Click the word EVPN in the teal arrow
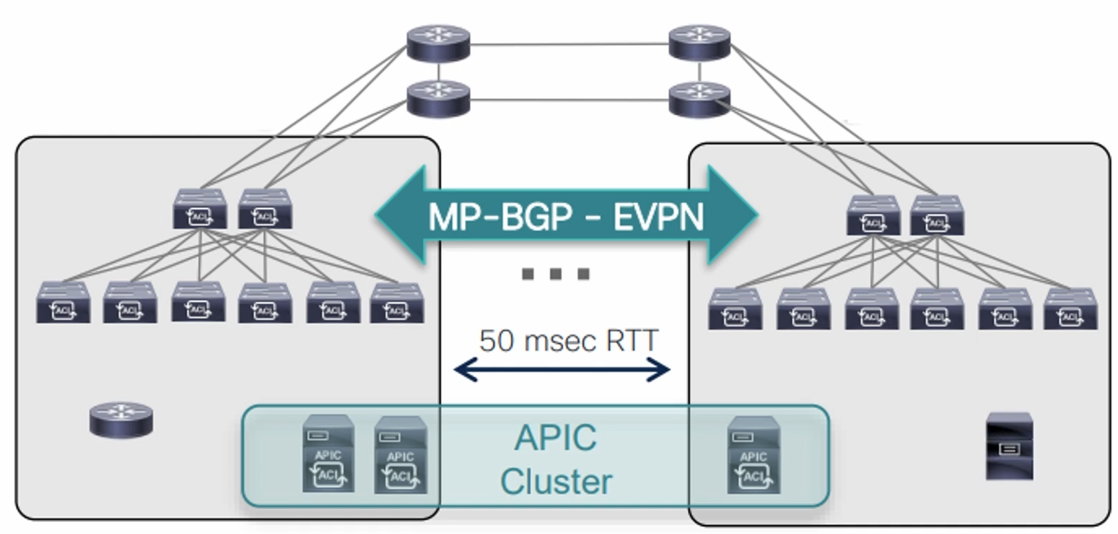[x=658, y=216]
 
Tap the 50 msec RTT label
[x=568, y=340]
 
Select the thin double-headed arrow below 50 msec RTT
[x=561, y=369]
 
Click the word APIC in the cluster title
[x=556, y=437]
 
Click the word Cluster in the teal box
[x=556, y=481]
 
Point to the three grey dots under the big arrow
[x=556, y=274]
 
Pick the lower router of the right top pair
[x=699, y=99]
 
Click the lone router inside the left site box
[x=121, y=419]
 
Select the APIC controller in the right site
[x=753, y=454]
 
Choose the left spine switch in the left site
[x=200, y=209]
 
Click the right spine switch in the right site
[x=937, y=216]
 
